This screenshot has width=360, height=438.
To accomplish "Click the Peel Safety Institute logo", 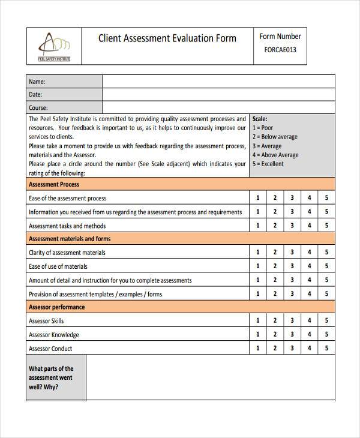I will (54, 46).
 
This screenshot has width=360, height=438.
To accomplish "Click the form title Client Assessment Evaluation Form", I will (167, 38).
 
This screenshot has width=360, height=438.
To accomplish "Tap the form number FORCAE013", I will (280, 50).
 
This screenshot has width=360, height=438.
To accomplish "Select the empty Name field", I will (218, 82).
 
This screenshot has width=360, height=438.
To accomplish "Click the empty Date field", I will (218, 95).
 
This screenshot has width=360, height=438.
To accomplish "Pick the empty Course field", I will (218, 108).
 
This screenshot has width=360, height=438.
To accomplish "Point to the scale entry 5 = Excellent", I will (268, 164).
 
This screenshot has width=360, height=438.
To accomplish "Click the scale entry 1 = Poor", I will (263, 128).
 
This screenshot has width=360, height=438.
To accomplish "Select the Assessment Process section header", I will (54, 185).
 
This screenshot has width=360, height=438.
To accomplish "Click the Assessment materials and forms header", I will (70, 239).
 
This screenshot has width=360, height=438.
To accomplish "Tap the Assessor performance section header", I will (57, 307).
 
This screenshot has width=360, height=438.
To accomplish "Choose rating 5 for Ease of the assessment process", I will (326, 198).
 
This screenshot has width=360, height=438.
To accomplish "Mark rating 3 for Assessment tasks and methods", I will (292, 226).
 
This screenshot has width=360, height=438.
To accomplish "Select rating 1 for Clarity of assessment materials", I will (258, 253).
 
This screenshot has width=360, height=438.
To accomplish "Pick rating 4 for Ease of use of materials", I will (310, 266).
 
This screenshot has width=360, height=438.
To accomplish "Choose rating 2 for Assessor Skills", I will (275, 321).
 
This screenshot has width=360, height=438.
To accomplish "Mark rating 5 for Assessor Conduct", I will (326, 349).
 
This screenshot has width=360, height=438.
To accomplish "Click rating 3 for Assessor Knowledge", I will (292, 335).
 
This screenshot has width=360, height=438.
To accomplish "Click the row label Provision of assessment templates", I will (95, 294).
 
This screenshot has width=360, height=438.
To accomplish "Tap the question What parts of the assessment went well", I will (51, 377).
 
